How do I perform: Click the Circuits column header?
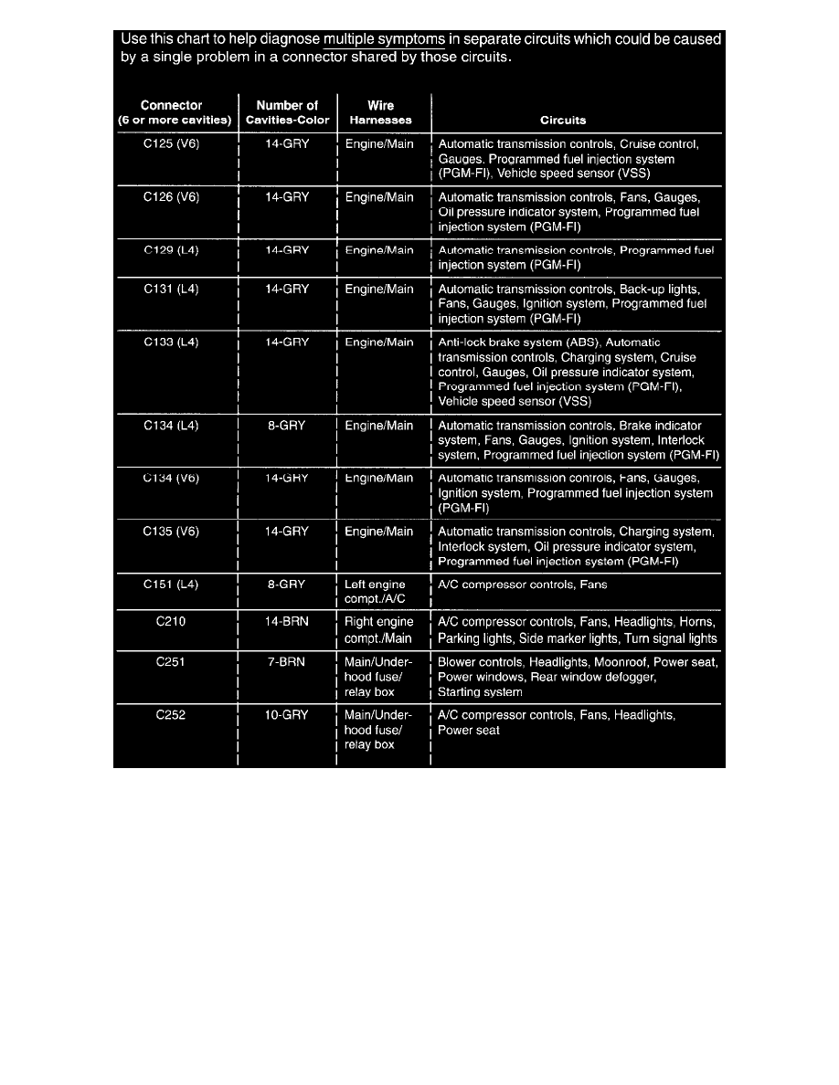[x=563, y=121]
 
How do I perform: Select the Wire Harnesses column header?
[x=380, y=113]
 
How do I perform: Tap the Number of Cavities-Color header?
[x=287, y=113]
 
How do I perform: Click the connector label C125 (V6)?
[x=172, y=144]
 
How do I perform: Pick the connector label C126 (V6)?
[x=172, y=197]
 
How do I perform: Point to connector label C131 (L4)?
[x=172, y=290]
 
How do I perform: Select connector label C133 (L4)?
[x=172, y=342]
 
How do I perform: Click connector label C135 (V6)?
[x=172, y=532]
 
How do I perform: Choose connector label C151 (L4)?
[x=172, y=585]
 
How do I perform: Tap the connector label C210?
[x=172, y=623]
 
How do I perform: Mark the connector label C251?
[x=172, y=662]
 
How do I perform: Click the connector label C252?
[x=172, y=715]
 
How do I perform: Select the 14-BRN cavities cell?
[x=287, y=623]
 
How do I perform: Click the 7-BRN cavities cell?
[x=287, y=662]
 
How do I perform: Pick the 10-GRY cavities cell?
[x=287, y=715]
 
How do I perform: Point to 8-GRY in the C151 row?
[x=287, y=585]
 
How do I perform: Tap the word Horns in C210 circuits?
[x=699, y=623]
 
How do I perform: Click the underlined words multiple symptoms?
[x=384, y=40]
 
